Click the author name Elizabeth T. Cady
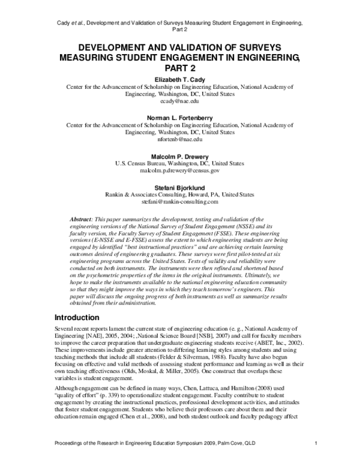pos(180,79)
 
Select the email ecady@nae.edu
pos(180,102)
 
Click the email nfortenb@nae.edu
pos(180,140)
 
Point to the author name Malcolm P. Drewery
pos(180,155)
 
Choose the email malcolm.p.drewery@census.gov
pos(180,171)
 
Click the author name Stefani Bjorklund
pos(180,186)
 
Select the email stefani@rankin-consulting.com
pos(180,201)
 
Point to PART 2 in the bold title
pos(180,68)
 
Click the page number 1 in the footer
pos(316,459)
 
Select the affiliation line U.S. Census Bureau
pos(180,163)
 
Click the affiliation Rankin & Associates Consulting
pos(180,193)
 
